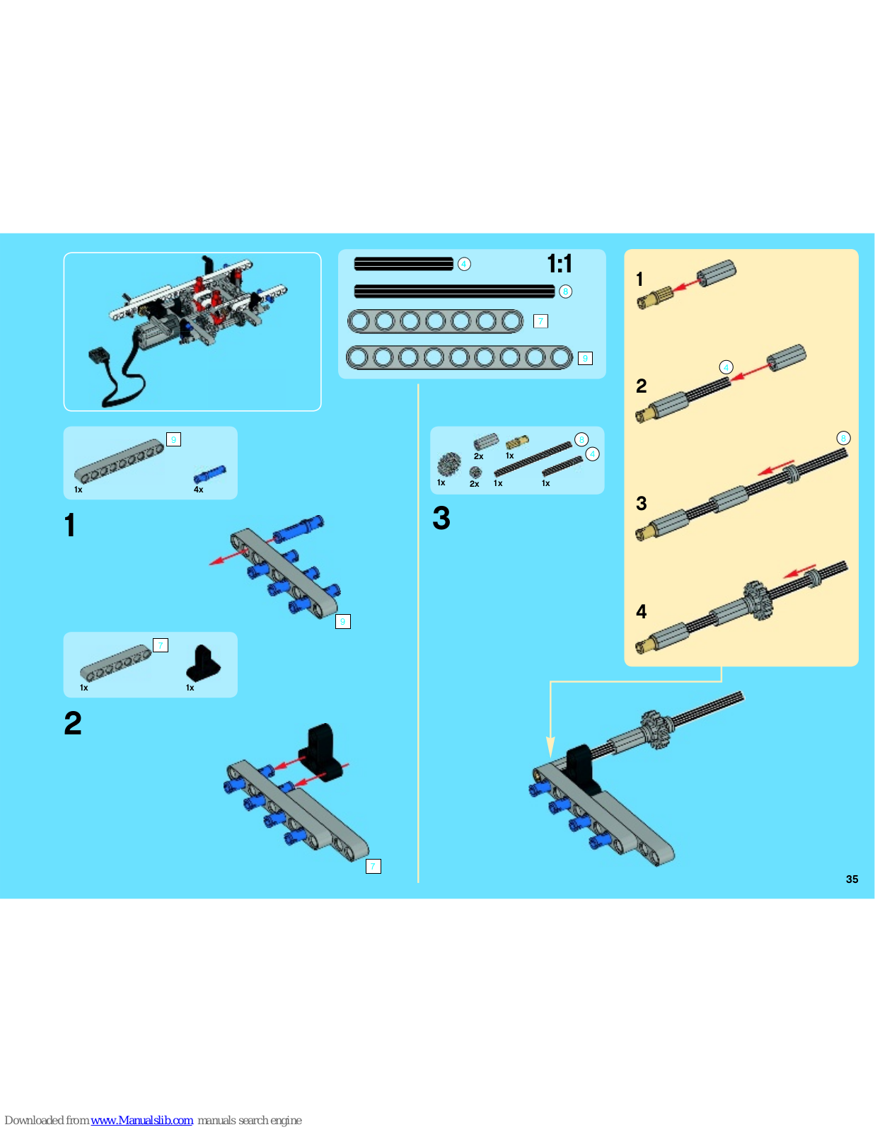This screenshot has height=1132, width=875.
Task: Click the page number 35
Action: (x=852, y=879)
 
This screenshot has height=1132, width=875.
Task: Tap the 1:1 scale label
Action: (x=560, y=264)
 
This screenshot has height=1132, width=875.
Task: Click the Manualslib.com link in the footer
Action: (x=141, y=1120)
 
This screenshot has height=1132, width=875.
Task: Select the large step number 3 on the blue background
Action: (x=441, y=519)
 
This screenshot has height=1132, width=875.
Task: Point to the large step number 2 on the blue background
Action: (x=73, y=724)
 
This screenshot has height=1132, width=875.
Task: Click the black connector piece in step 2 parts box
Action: (x=203, y=663)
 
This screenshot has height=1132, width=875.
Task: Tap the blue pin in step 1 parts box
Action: (x=210, y=474)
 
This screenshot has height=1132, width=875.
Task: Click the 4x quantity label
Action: (x=199, y=490)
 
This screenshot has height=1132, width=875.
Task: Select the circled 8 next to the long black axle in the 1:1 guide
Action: (x=566, y=291)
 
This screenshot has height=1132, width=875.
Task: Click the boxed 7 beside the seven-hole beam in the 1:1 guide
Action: (x=540, y=321)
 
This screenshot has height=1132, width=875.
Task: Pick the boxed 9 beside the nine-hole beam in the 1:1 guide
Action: (x=585, y=359)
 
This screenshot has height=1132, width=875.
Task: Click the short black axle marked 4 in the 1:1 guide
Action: (x=404, y=264)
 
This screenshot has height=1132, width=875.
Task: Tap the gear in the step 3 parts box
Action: (x=449, y=464)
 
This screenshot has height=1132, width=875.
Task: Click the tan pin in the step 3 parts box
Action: (x=517, y=442)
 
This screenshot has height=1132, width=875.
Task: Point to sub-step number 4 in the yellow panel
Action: (x=642, y=611)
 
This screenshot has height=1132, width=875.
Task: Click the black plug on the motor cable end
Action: (x=100, y=357)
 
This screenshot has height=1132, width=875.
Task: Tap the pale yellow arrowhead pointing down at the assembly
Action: (x=550, y=747)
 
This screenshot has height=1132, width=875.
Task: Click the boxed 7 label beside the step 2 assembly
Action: (x=373, y=866)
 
